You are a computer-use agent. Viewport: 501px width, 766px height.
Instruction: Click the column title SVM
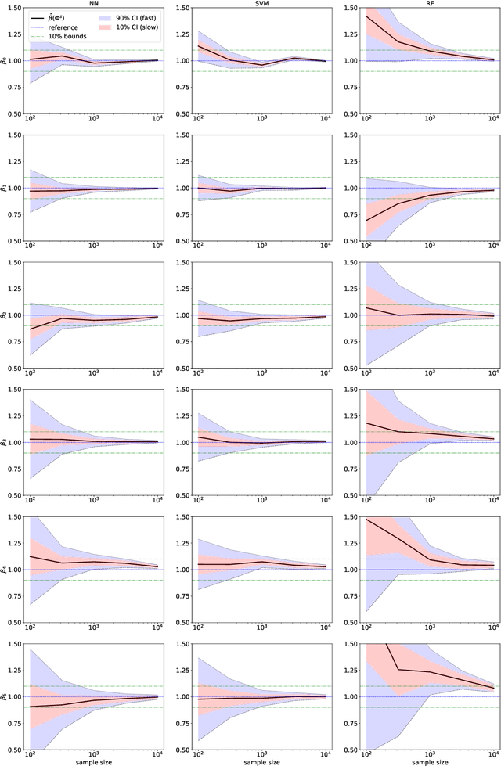pos(262,3)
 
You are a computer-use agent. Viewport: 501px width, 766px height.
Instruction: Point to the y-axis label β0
pos(4,61)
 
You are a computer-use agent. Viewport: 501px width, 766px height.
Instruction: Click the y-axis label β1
pos(4,189)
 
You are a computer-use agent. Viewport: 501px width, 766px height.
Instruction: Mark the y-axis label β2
pos(4,315)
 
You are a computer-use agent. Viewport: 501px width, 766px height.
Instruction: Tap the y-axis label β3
pos(4,443)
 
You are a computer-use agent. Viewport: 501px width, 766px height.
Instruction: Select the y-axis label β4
pos(4,570)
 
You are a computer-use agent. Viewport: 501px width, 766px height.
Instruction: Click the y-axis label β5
pos(4,697)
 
